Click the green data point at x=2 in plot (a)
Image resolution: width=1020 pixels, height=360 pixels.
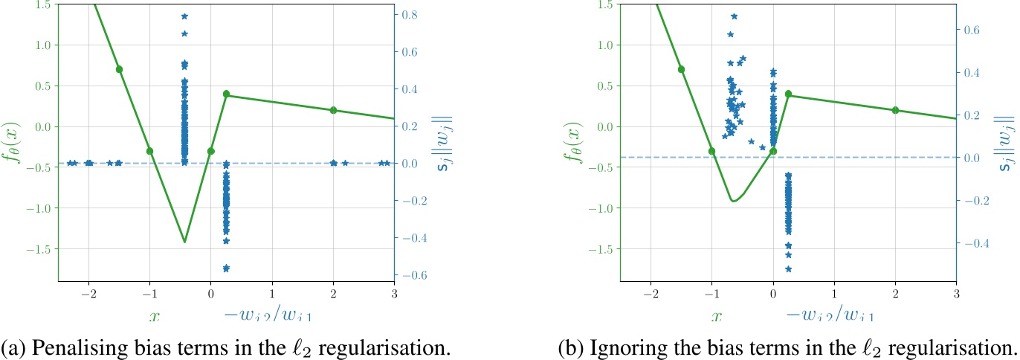point(333,110)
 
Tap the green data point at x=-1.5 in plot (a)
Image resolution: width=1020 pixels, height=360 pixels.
point(119,69)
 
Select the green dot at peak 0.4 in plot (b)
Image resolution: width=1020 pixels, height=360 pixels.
point(788,94)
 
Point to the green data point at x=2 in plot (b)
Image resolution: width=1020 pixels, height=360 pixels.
point(895,110)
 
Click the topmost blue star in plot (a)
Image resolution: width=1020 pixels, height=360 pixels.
point(184,16)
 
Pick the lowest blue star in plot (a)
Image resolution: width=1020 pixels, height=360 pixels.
point(226,268)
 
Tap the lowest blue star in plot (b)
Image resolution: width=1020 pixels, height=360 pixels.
point(788,269)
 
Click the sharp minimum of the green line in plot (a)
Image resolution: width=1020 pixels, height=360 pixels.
point(184,242)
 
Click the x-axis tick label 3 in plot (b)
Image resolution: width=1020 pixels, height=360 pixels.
point(956,293)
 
